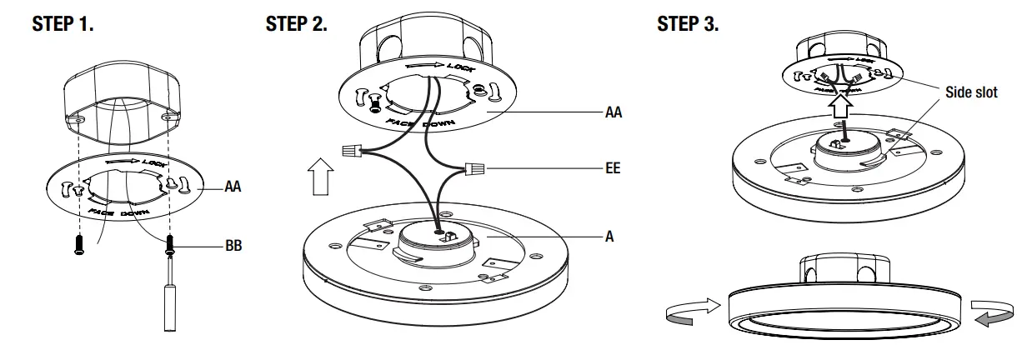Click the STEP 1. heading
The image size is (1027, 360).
pyautogui.click(x=63, y=24)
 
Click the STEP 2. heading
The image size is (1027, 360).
pyautogui.click(x=296, y=24)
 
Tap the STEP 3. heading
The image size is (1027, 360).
pyautogui.click(x=688, y=24)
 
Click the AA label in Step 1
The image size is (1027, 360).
pyautogui.click(x=233, y=188)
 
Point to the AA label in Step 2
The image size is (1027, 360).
pyautogui.click(x=614, y=110)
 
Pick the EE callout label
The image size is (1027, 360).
pyautogui.click(x=613, y=168)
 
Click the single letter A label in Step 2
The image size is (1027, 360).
pyautogui.click(x=609, y=237)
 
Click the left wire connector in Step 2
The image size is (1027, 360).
pyautogui.click(x=353, y=151)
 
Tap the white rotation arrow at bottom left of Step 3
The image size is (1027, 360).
pyautogui.click(x=689, y=312)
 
